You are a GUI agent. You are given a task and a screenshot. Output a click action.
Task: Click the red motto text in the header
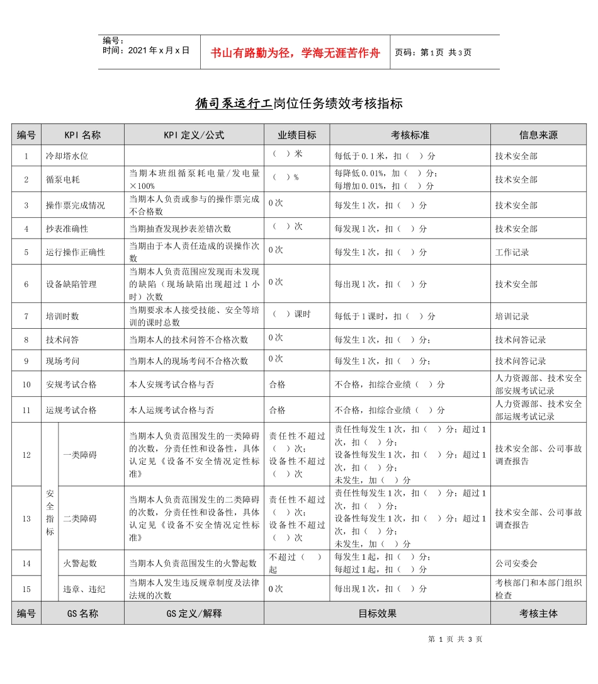click(x=295, y=53)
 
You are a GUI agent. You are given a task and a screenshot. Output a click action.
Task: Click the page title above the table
click(x=298, y=103)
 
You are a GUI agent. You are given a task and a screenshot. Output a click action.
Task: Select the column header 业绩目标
click(x=297, y=135)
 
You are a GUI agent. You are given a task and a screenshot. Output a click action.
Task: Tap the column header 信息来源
click(x=538, y=135)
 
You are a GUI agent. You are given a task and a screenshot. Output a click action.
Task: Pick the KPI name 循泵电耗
click(x=62, y=180)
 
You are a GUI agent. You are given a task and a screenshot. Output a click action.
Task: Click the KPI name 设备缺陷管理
click(x=71, y=284)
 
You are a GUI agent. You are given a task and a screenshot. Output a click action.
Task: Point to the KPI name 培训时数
click(x=62, y=316)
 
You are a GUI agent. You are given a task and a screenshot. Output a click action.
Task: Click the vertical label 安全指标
click(x=50, y=513)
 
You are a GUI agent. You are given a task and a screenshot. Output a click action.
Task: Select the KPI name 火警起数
click(x=80, y=563)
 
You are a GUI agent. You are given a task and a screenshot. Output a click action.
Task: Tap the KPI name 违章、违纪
click(x=84, y=589)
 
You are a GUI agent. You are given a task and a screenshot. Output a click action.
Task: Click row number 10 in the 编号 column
click(x=26, y=384)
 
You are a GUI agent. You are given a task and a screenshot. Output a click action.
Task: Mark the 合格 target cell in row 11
click(x=278, y=410)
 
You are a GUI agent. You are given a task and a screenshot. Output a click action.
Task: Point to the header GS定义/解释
click(x=194, y=613)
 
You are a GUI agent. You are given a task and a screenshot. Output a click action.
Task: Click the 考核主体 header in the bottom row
click(x=538, y=613)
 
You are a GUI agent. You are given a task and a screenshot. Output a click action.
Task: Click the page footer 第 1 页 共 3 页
click(x=455, y=639)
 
